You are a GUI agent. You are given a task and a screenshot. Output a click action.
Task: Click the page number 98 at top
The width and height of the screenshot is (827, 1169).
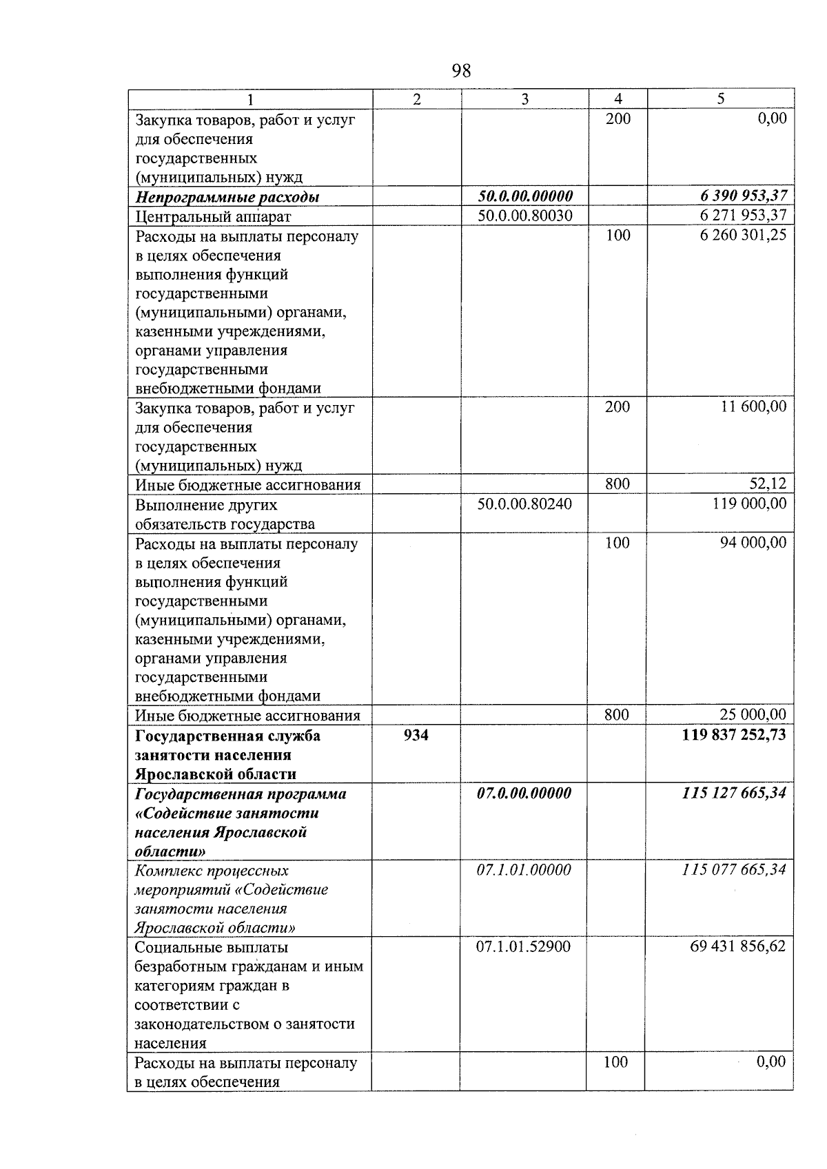[461, 70]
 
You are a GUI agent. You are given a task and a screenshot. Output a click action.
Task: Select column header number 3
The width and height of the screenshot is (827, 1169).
[524, 99]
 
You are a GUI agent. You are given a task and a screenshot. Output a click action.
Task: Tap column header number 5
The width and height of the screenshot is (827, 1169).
[720, 99]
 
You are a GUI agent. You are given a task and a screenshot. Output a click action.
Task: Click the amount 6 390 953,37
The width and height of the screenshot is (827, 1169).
[743, 197]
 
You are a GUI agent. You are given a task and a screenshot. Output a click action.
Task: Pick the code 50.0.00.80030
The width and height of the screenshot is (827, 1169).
[524, 216]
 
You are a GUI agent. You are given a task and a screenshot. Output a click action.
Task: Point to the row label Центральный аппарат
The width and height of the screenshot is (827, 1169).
[213, 217]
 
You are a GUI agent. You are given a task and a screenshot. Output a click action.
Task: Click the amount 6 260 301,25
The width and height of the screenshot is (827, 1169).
[743, 236]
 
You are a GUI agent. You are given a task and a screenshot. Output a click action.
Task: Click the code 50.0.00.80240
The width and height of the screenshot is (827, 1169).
[524, 504]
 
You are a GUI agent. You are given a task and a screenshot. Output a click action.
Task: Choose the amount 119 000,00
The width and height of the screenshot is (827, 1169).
[749, 504]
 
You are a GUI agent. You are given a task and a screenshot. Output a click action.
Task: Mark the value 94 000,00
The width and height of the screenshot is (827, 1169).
[753, 543]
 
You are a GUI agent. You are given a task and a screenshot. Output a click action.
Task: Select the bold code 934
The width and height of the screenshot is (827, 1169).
[416, 736]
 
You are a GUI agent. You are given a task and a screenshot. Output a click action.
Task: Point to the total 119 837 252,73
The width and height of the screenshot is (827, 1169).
[733, 735]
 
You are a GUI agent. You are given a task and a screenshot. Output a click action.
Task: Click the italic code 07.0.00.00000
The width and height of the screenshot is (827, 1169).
[524, 794]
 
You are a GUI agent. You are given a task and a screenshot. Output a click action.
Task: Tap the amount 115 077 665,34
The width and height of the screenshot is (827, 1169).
[734, 870]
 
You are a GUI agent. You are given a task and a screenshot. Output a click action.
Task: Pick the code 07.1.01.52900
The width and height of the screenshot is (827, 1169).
[524, 947]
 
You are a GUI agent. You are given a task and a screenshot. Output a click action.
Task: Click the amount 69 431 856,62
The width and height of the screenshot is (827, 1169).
[737, 947]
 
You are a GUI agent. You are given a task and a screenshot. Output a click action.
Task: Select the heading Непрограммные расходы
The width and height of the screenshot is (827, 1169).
[227, 198]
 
